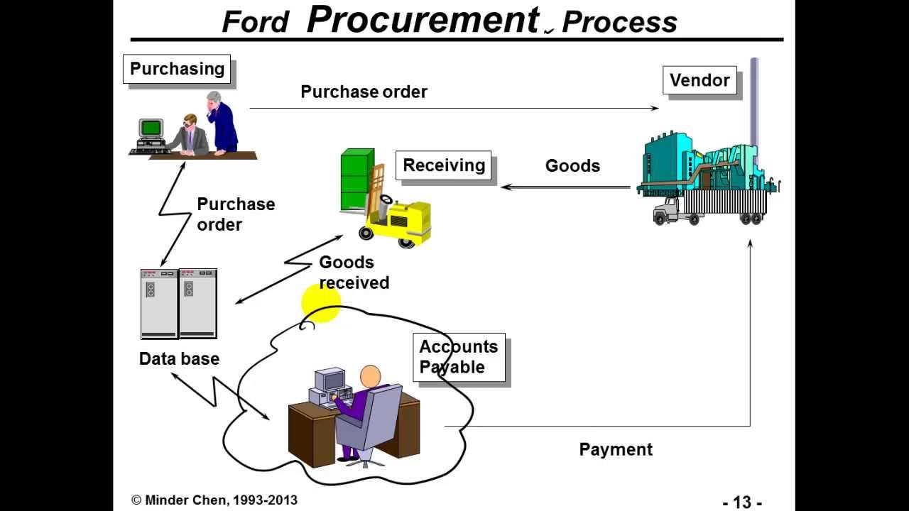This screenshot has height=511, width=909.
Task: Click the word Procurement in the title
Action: click(x=423, y=20)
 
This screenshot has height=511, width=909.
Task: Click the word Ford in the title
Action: click(x=255, y=22)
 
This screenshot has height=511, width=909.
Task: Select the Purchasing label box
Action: click(x=177, y=69)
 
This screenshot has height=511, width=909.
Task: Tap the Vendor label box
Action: click(x=700, y=80)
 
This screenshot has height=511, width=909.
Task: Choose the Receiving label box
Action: click(x=444, y=165)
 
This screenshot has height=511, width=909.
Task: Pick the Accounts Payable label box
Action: click(x=459, y=357)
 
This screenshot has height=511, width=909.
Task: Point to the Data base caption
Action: click(x=179, y=358)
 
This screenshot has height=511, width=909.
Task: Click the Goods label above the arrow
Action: click(x=572, y=165)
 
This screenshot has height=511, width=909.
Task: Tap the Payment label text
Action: click(x=616, y=449)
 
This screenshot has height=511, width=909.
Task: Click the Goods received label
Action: click(x=354, y=273)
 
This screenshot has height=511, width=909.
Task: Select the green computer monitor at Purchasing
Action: click(x=151, y=128)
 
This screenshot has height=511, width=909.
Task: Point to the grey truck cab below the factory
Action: click(x=668, y=211)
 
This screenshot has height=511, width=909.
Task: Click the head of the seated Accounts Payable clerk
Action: click(x=370, y=377)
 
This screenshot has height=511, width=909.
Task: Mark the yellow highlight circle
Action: click(x=321, y=304)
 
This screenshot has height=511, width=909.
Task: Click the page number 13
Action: click(x=742, y=502)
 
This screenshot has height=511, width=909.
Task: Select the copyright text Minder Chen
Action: click(x=214, y=500)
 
